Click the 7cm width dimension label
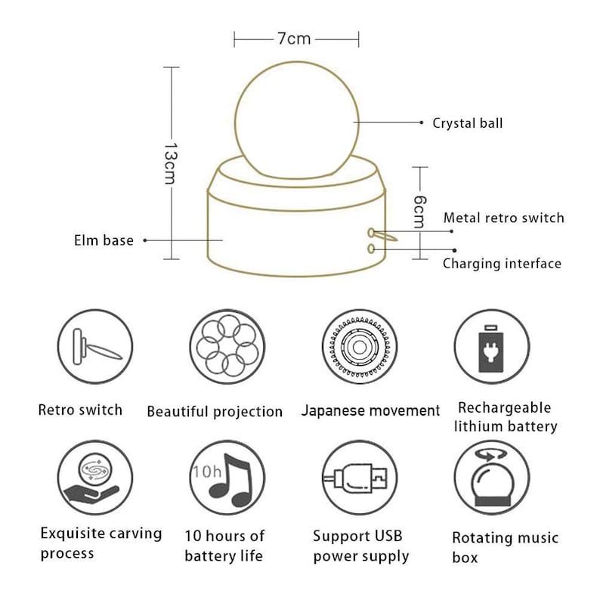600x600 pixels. (x=294, y=39)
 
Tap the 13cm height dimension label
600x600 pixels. (x=170, y=163)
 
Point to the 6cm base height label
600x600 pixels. (x=419, y=212)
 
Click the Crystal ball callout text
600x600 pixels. (x=467, y=123)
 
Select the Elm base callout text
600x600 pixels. (x=104, y=240)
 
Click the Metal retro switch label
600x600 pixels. (x=503, y=218)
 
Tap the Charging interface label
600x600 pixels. (x=502, y=264)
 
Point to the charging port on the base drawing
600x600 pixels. (x=370, y=249)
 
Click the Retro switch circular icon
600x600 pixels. (x=95, y=347)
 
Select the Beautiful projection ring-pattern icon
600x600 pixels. (x=227, y=347)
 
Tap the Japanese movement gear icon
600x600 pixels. (x=359, y=347)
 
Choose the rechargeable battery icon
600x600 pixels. (x=492, y=347)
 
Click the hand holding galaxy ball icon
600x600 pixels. (x=95, y=478)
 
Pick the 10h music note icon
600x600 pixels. (x=227, y=478)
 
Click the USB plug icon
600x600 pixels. (x=359, y=478)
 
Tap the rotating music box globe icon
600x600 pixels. (x=492, y=478)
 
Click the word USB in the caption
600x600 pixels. (x=385, y=536)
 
